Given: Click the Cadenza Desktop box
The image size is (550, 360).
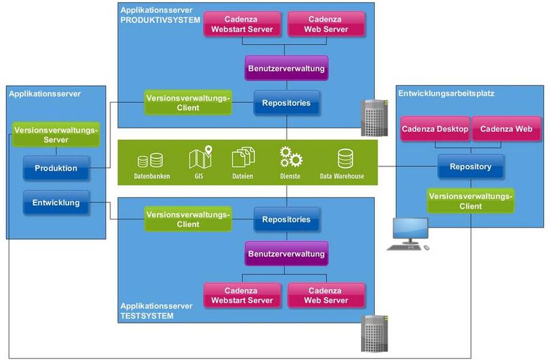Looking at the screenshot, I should pos(435,128).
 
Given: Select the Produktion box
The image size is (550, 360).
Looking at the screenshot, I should pos(56,168).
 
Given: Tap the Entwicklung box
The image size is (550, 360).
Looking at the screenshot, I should pos(56,202).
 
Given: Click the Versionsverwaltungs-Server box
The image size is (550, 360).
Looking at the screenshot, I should pos(56,134).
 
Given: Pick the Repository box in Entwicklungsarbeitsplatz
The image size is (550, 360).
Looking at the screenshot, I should pos(471,166).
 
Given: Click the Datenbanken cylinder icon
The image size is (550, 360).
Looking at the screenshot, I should pos(150,161).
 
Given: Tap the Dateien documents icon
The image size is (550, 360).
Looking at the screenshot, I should pos(242,158).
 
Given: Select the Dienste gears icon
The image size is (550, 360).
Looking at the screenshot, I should pos(291,158).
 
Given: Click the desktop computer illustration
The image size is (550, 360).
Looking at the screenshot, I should pos(408,234).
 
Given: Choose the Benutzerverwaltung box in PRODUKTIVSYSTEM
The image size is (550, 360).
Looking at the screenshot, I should pos(287,69).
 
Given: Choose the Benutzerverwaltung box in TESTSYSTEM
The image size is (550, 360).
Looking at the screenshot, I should pos(287,254).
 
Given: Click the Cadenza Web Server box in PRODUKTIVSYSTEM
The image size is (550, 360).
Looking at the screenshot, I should pos(326,24).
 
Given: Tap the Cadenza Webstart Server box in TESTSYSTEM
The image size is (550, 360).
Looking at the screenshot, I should pos(242,295).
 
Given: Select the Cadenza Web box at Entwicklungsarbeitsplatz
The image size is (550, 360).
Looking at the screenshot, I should pos(506,128).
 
